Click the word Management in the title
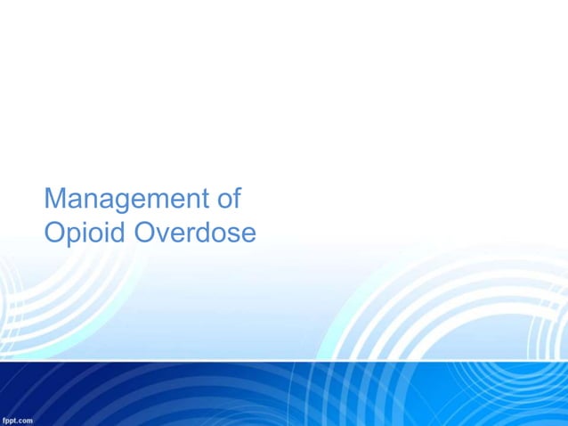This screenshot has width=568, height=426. point(120,198)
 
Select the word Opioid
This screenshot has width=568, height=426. point(85,233)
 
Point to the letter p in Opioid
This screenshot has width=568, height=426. point(74,236)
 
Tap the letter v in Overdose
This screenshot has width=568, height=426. point(163,234)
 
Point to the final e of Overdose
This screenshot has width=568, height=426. point(247,234)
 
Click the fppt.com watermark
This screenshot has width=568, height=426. point(18,419)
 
